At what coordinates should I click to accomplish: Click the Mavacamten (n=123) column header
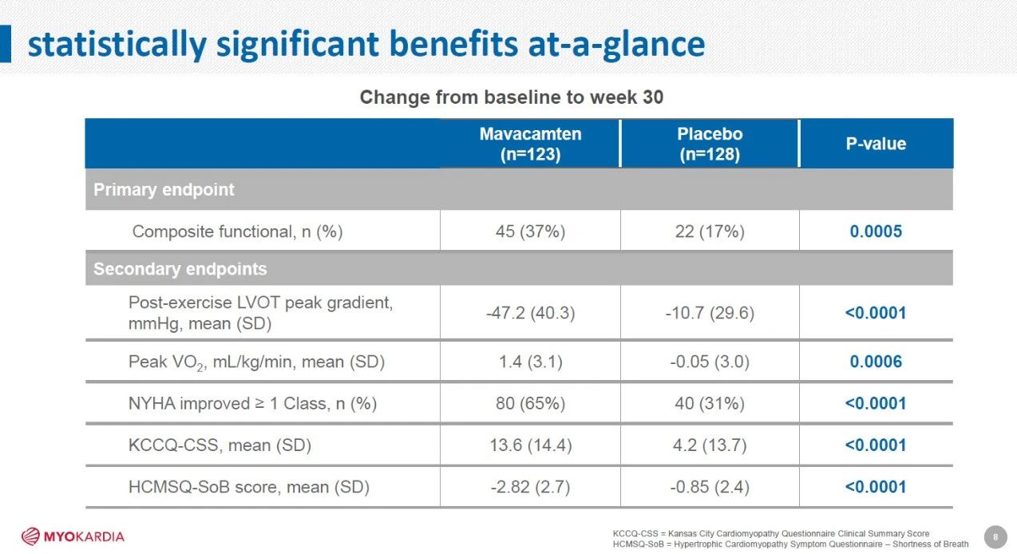pyautogui.click(x=530, y=144)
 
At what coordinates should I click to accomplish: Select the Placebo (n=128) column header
pyautogui.click(x=710, y=144)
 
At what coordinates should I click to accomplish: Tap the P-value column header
pyautogui.click(x=876, y=144)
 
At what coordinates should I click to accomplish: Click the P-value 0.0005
pyautogui.click(x=876, y=231)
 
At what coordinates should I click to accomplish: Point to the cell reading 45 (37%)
pyautogui.click(x=530, y=231)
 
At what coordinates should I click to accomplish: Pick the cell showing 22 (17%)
pyautogui.click(x=710, y=231)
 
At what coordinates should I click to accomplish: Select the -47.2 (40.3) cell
pyautogui.click(x=530, y=313)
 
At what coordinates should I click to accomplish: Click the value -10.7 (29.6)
pyautogui.click(x=710, y=313)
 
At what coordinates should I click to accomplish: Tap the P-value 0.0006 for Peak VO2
pyautogui.click(x=876, y=362)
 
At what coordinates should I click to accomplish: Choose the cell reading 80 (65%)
pyautogui.click(x=530, y=404)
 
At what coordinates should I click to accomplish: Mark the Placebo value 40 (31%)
pyautogui.click(x=710, y=404)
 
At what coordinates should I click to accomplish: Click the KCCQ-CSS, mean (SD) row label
pyautogui.click(x=220, y=445)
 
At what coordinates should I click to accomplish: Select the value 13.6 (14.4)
pyautogui.click(x=530, y=445)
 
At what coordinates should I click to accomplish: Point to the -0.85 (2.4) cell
pyautogui.click(x=710, y=487)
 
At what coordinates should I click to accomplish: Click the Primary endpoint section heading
pyautogui.click(x=164, y=190)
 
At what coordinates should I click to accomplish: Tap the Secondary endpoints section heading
pyautogui.click(x=180, y=269)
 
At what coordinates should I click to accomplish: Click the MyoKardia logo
pyautogui.click(x=73, y=536)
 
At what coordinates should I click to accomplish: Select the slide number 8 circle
pyautogui.click(x=995, y=537)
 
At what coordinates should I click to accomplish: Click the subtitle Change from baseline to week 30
pyautogui.click(x=512, y=97)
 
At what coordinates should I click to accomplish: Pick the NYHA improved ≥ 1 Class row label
pyautogui.click(x=252, y=404)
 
